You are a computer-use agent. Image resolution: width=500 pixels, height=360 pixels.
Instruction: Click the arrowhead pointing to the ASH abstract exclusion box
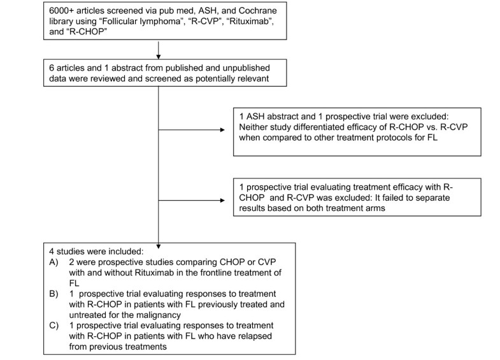point(223,131)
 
